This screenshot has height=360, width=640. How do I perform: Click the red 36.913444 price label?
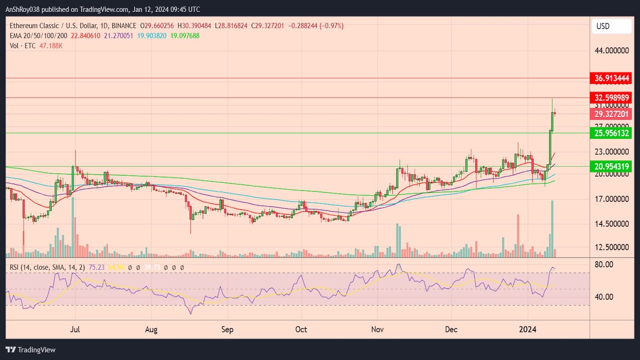pos(610,78)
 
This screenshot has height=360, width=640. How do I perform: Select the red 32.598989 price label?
pos(610,98)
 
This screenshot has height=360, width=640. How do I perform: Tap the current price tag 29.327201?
pos(610,114)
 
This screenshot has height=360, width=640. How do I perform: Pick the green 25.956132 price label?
pos(610,133)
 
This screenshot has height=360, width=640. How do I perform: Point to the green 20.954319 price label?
pos(610,166)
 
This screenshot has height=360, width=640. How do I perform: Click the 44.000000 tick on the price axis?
pos(612,50)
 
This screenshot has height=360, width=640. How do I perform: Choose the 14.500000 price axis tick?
pos(612,224)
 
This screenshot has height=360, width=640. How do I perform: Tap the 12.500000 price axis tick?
pos(612,247)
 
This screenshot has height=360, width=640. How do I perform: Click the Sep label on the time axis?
pos(227,329)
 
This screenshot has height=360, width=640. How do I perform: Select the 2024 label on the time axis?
pos(528,329)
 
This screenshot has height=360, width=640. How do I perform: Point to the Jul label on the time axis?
pos(75,329)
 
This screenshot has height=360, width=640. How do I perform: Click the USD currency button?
pos(611,26)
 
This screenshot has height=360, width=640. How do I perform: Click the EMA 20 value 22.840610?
pos(86,36)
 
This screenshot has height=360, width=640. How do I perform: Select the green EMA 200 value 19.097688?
pos(185,36)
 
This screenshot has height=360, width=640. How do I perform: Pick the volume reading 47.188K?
pos(51,46)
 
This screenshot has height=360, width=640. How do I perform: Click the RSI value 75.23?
pos(96,267)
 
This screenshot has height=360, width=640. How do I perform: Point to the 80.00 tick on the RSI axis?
pos(604,264)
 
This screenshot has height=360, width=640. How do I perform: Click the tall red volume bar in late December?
pos(518,236)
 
